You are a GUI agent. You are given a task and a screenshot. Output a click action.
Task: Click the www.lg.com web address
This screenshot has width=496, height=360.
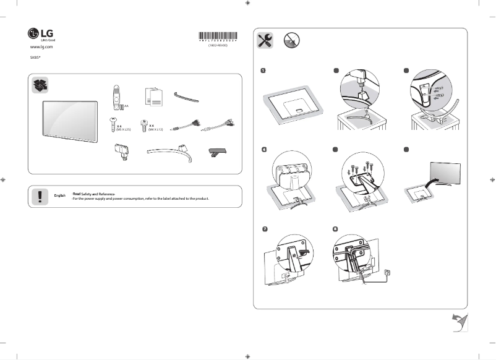coord(41,47)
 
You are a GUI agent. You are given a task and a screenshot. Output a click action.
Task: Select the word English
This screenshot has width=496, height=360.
coord(60,196)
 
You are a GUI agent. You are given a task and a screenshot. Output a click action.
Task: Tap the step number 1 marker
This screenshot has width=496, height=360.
coord(263,71)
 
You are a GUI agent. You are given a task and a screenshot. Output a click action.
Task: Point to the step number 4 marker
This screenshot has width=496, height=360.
coord(263,149)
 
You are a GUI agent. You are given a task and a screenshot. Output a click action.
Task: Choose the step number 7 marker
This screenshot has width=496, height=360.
coord(264,229)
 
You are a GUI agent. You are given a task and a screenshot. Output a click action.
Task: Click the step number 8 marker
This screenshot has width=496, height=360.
coord(335,229)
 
